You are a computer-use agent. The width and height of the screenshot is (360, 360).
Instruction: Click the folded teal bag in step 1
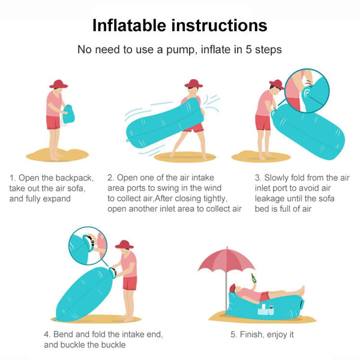pyautogui.click(x=70, y=114)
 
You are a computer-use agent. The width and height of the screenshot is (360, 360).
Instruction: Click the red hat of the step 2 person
pyautogui.click(x=193, y=83)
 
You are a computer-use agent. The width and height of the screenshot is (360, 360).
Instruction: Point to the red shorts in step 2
pyautogui.click(x=194, y=127)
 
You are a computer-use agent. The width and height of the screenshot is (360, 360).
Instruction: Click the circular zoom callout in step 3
pyautogui.click(x=307, y=91)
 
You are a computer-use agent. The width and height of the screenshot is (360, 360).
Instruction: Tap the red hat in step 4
pyautogui.click(x=124, y=244)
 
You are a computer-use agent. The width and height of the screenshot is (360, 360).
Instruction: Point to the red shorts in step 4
pyautogui.click(x=130, y=282)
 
